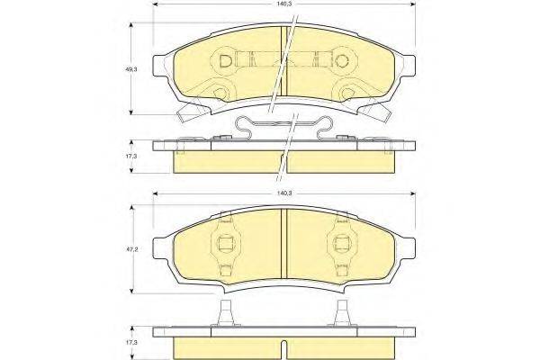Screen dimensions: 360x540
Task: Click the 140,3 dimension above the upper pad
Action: point(284,4)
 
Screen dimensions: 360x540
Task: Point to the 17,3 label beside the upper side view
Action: point(131,157)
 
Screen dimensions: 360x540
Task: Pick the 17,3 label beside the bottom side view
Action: point(131,343)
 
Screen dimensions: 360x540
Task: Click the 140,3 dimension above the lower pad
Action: point(284,192)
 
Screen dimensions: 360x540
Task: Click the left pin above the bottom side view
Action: point(225,316)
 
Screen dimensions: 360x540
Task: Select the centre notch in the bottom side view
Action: point(284,350)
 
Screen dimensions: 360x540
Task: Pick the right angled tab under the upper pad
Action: point(379,112)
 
